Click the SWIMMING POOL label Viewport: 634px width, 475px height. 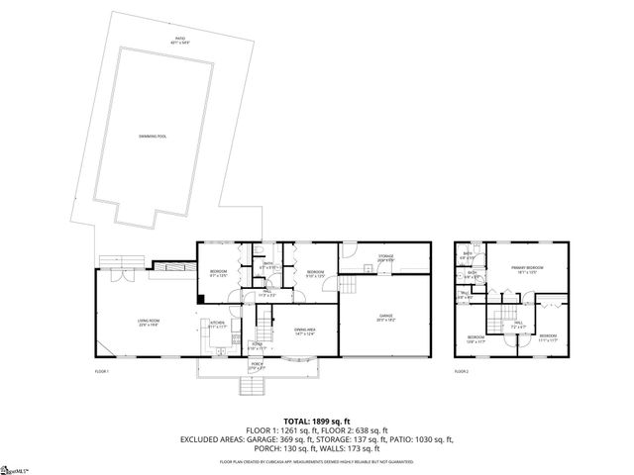click(x=153, y=136)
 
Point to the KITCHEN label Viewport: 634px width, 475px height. click(x=217, y=324)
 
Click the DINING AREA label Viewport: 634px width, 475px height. click(x=304, y=331)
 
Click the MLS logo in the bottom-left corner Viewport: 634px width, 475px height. click(x=14, y=466)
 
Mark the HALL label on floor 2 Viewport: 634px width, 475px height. click(x=517, y=324)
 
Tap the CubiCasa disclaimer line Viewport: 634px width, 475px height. click(x=317, y=461)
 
